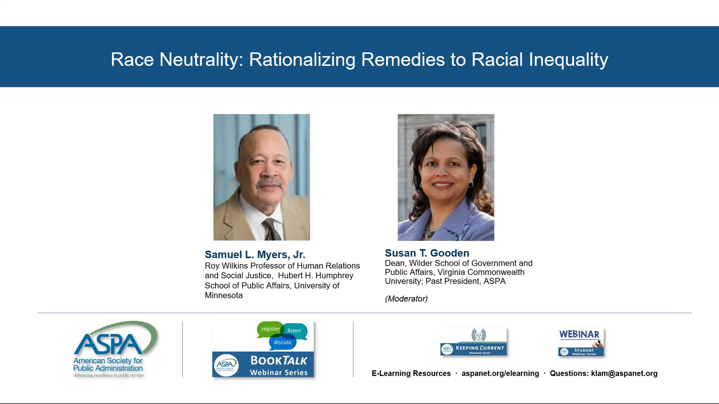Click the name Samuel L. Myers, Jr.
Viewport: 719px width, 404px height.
[x=255, y=255]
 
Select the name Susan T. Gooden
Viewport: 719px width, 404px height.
[x=427, y=253]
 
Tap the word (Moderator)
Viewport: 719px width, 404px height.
[x=406, y=299]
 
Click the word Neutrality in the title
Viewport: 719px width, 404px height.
[x=201, y=60]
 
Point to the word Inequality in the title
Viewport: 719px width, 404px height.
[x=568, y=60]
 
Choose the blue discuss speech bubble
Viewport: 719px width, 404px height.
[x=283, y=342]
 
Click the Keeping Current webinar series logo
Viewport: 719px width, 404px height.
[x=474, y=341]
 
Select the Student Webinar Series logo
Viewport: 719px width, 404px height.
[x=581, y=342]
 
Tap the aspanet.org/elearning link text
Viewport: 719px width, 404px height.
[x=500, y=373]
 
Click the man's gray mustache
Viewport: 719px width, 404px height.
[x=270, y=183]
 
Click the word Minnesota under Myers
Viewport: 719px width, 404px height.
[x=223, y=295]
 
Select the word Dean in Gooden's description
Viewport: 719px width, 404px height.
[x=395, y=263]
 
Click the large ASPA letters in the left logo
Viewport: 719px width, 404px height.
[x=108, y=345]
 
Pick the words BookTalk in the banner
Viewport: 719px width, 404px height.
[x=279, y=361]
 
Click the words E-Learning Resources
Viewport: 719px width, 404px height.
[x=411, y=373]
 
